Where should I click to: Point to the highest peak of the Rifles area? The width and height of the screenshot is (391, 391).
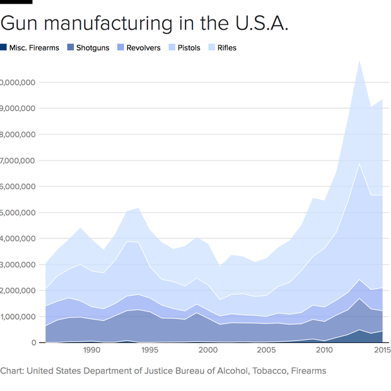[359, 61]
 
